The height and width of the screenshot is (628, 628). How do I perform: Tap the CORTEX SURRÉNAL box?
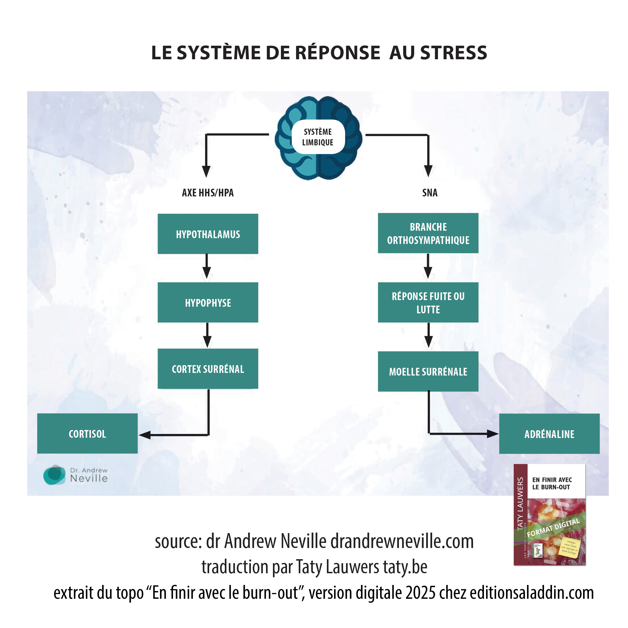pos(208,369)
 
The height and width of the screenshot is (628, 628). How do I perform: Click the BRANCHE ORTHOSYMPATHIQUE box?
pos(428,233)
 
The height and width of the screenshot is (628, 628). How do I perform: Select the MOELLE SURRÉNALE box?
pos(428,371)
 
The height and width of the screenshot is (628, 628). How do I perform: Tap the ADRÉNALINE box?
pos(549,434)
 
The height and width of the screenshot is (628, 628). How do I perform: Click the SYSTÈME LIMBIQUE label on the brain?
pos(318,137)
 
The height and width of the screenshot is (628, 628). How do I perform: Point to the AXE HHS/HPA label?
pos(208,192)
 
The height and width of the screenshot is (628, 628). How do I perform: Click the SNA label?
pos(430,193)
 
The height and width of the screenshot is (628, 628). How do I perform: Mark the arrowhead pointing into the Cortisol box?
pos(145,435)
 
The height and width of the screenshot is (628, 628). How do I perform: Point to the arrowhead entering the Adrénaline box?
pos(492,434)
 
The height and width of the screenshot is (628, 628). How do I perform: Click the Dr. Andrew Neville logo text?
pos(88,475)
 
